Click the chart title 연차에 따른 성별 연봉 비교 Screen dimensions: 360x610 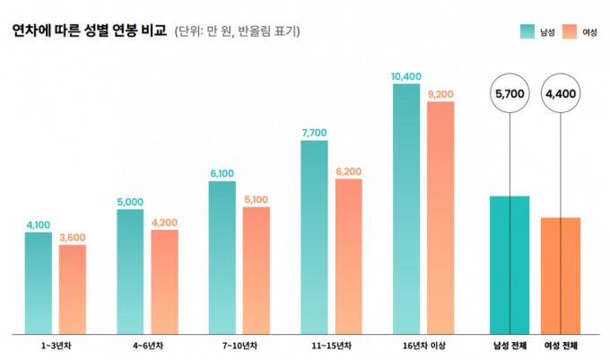point(89,31)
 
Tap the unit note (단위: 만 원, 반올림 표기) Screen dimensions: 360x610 point(237,32)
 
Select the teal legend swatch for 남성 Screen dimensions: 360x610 point(527,31)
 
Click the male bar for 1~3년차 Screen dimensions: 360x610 point(39,283)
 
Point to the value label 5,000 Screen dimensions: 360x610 point(130,202)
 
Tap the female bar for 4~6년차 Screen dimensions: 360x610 point(164,282)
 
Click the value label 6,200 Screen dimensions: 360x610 point(348,171)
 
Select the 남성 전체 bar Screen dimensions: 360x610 point(510,264)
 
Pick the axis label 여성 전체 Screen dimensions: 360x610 point(561,346)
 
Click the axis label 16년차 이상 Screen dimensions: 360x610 point(424,346)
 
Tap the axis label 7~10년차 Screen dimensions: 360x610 point(239,346)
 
